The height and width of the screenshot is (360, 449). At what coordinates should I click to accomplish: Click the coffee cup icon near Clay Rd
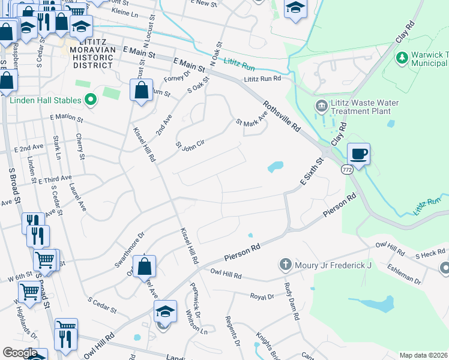(358, 154)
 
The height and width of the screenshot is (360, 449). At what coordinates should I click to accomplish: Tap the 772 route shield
(347, 170)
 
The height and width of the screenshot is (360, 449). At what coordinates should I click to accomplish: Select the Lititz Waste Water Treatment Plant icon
(322, 106)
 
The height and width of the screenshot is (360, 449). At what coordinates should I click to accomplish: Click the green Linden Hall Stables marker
(91, 100)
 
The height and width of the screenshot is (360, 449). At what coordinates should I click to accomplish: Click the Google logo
(19, 353)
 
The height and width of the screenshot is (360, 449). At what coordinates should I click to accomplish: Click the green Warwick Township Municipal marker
(402, 58)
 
